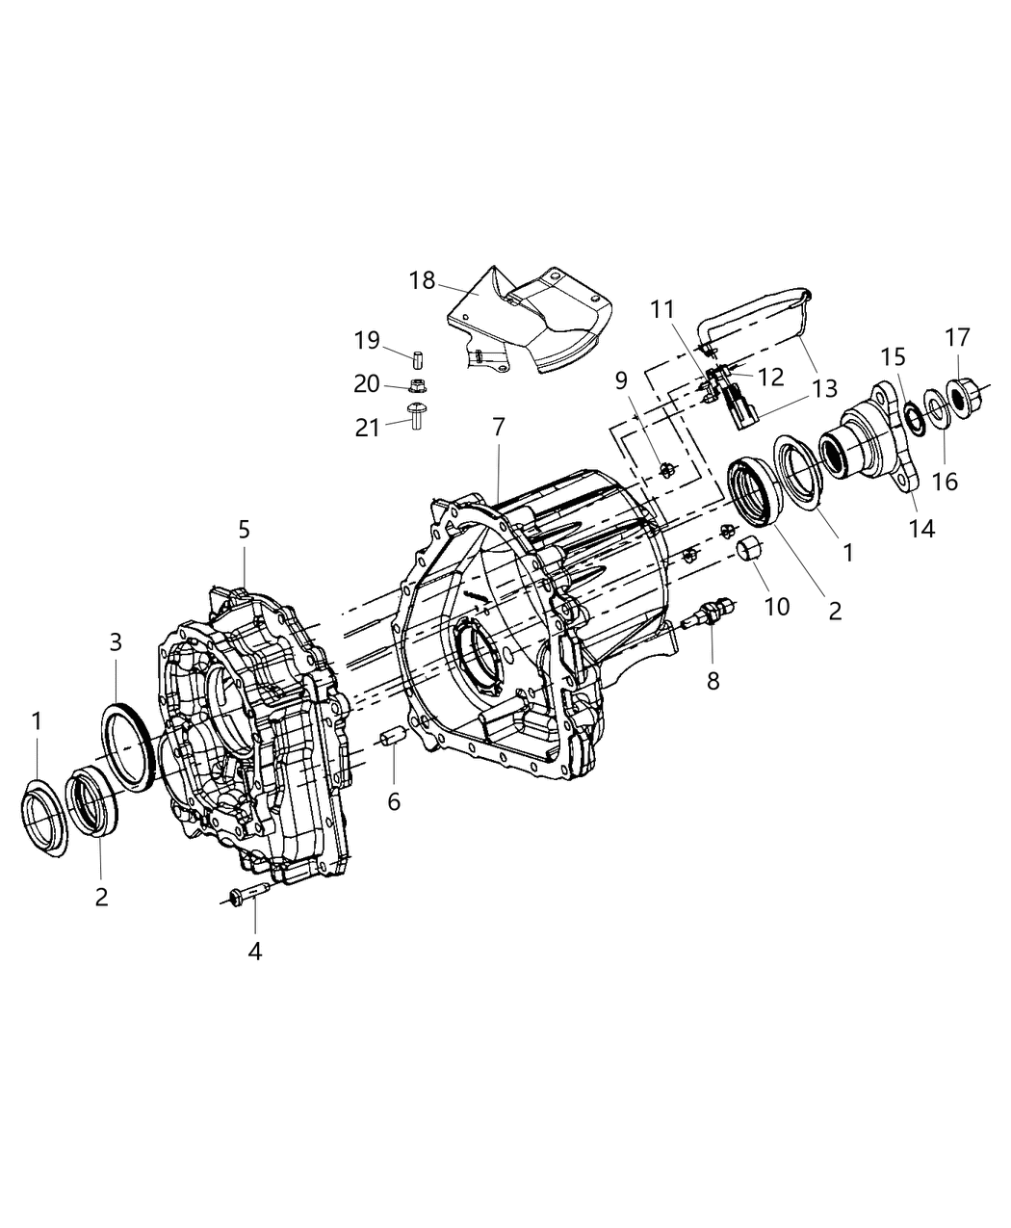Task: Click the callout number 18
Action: point(423,281)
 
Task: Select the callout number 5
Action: point(245,529)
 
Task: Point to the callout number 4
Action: point(254,952)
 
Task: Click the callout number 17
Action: point(957,338)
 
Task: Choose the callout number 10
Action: point(776,606)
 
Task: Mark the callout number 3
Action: point(115,642)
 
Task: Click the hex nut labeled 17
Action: point(961,394)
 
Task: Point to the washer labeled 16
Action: point(935,404)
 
